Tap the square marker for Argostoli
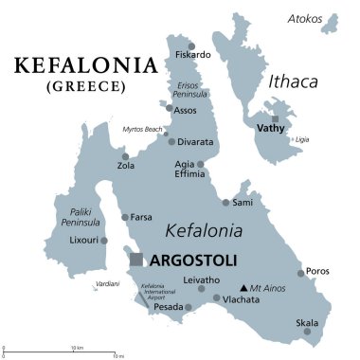(137, 259)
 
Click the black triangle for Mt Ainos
(243, 287)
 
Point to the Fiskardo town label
(193, 55)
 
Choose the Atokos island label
(305, 19)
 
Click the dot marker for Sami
(225, 202)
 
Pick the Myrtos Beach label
(142, 129)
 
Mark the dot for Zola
(124, 157)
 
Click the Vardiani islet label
(106, 284)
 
